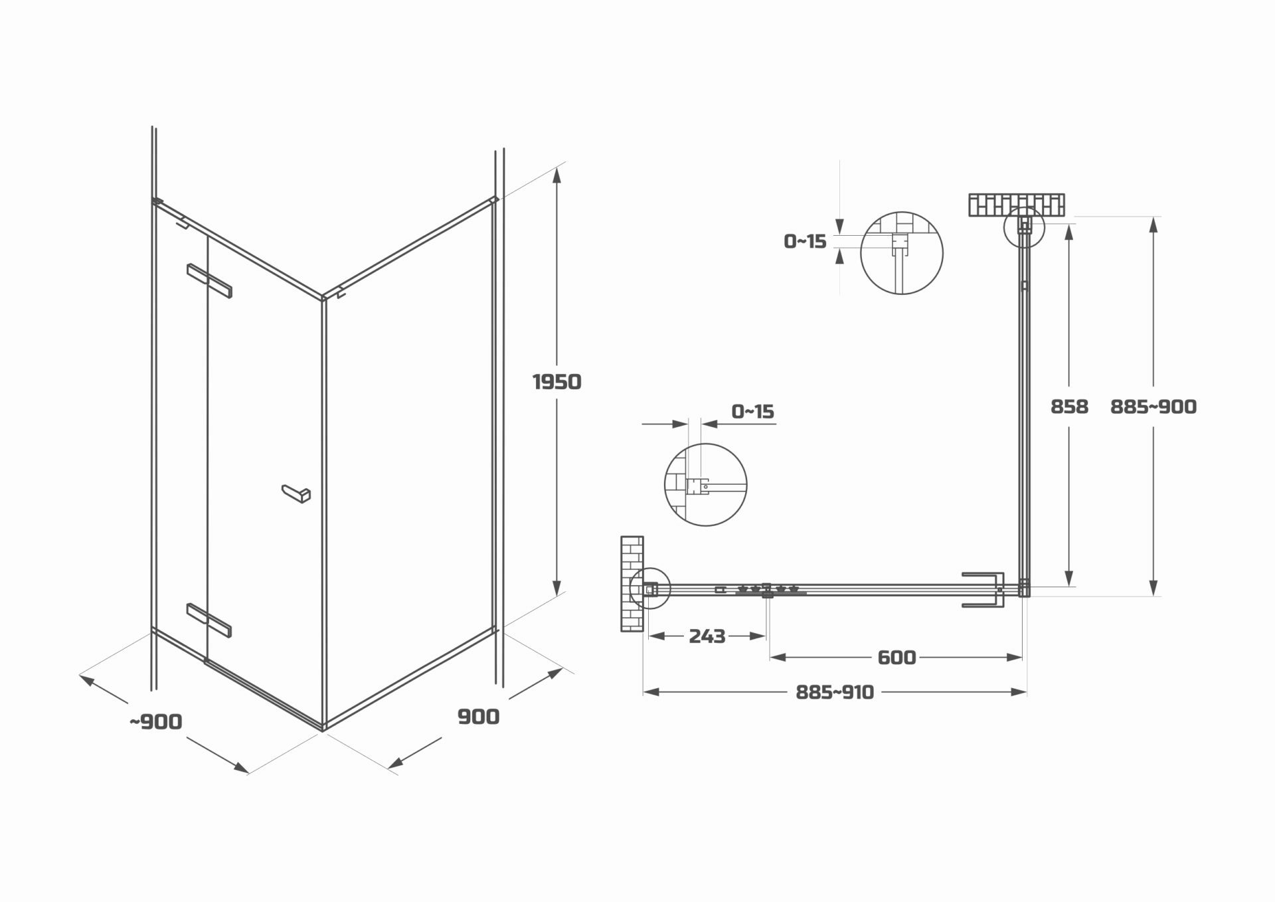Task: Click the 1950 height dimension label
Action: point(556,382)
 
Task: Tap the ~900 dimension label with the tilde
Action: point(155,721)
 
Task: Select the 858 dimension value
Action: point(1069,406)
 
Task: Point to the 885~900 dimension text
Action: point(1153,406)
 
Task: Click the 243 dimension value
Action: point(707,636)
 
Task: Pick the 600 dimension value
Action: point(896,658)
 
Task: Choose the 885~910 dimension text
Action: point(835,692)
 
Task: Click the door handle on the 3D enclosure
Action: point(296,494)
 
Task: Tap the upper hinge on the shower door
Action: point(210,281)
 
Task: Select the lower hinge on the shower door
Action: point(210,620)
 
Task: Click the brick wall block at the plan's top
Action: point(1017,205)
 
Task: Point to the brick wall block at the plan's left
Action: point(632,583)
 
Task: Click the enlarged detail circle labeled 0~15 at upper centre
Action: point(901,252)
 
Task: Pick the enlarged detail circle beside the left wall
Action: point(705,485)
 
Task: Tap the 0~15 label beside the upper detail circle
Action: point(805,241)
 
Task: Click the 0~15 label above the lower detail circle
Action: point(753,412)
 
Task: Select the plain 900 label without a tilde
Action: point(478,717)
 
